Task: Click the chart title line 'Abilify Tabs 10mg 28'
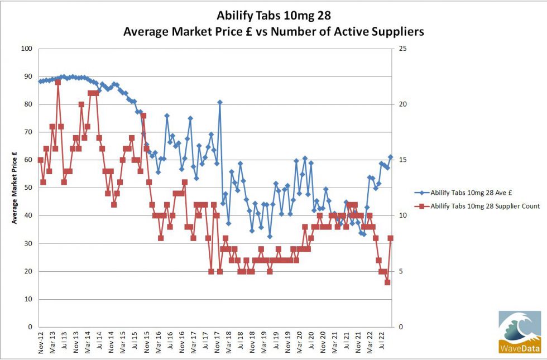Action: click(x=273, y=14)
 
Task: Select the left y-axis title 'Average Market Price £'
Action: click(x=15, y=188)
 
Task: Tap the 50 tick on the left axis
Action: click(x=27, y=188)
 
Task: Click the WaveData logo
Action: click(x=520, y=333)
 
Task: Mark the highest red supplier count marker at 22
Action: click(x=58, y=82)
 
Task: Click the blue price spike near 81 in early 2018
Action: click(x=220, y=102)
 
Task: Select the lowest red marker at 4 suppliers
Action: click(x=387, y=282)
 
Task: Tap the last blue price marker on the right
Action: click(x=391, y=157)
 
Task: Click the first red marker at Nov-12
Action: click(x=40, y=160)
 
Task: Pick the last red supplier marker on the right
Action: click(x=391, y=238)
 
